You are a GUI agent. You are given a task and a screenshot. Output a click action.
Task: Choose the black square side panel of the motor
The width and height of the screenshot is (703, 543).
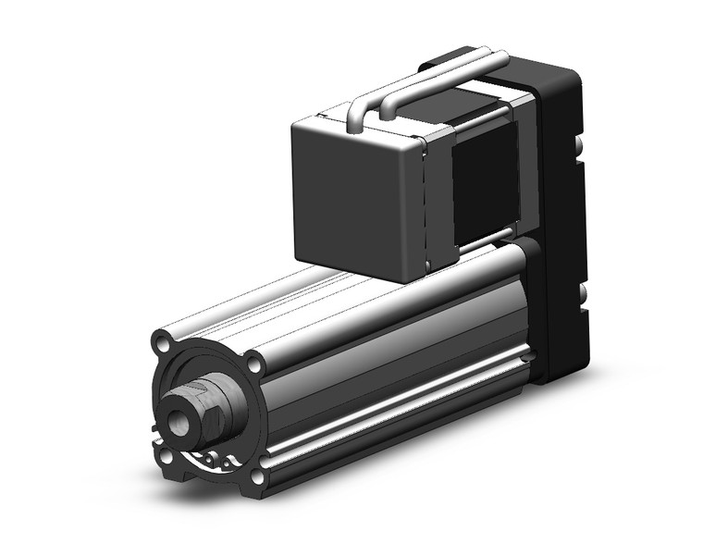coord(483,176)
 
